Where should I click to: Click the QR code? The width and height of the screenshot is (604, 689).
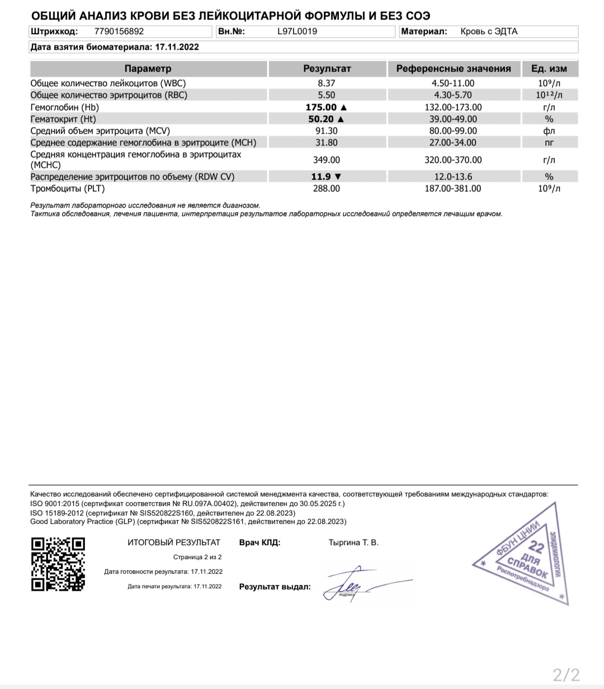[x=58, y=564]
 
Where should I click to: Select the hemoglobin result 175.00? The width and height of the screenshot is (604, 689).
[x=321, y=107]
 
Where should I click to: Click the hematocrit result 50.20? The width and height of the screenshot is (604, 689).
[x=321, y=119]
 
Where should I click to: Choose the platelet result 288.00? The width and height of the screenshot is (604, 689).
[x=327, y=189]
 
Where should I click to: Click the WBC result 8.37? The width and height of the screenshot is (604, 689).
[x=327, y=83]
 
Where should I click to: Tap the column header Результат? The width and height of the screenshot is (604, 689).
[x=327, y=69]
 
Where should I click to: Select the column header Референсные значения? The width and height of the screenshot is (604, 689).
[x=454, y=69]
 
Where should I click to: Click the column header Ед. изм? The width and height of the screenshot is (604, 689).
[x=549, y=69]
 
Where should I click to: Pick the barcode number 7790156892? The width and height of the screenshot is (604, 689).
[x=119, y=31]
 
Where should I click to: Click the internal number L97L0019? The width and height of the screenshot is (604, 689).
[x=297, y=31]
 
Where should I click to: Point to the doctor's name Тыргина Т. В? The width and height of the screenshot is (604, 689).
[x=353, y=542]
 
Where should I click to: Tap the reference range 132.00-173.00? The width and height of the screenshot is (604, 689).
[x=453, y=107]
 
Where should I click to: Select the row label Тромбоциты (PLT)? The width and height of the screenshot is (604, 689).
[x=68, y=189]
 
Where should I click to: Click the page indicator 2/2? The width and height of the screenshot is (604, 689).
[x=566, y=674]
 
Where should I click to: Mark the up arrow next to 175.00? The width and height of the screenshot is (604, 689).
[x=343, y=107]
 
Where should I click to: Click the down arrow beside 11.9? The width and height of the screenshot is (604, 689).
[x=337, y=177]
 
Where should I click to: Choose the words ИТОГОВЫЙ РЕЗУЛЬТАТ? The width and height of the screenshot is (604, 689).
[x=174, y=542]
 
